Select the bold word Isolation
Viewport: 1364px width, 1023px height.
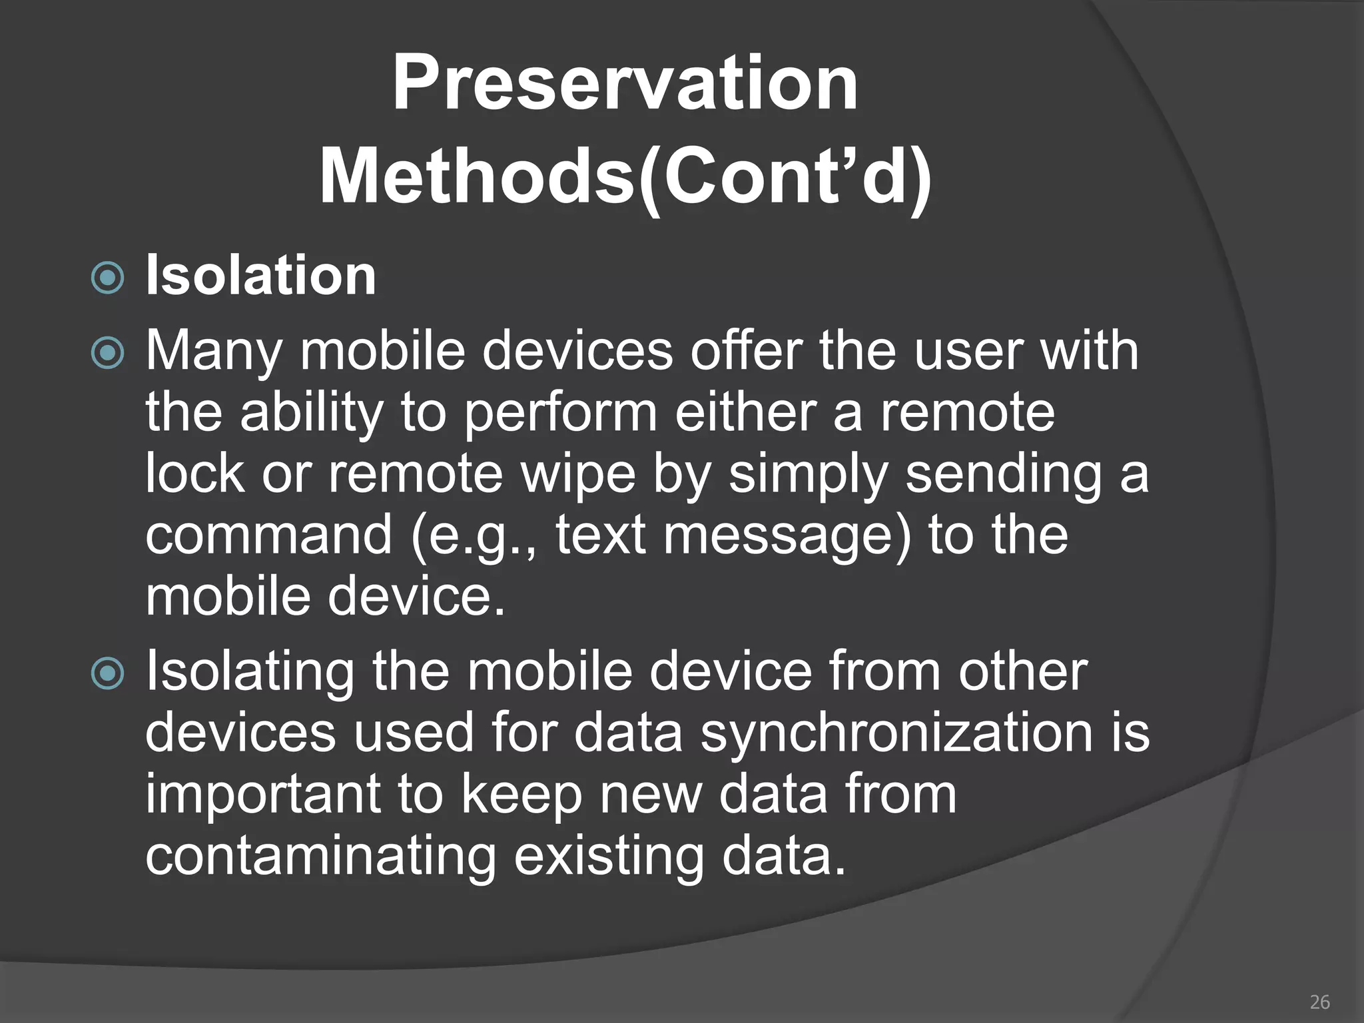[x=260, y=276]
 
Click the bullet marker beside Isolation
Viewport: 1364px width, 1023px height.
[x=107, y=278]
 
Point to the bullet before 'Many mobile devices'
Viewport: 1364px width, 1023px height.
[x=107, y=353]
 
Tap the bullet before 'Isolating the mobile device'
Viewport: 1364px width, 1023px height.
[x=107, y=673]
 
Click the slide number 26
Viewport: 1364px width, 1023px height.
[x=1319, y=1002]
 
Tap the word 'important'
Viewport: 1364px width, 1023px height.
[x=263, y=794]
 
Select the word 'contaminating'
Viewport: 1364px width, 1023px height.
[x=320, y=855]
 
